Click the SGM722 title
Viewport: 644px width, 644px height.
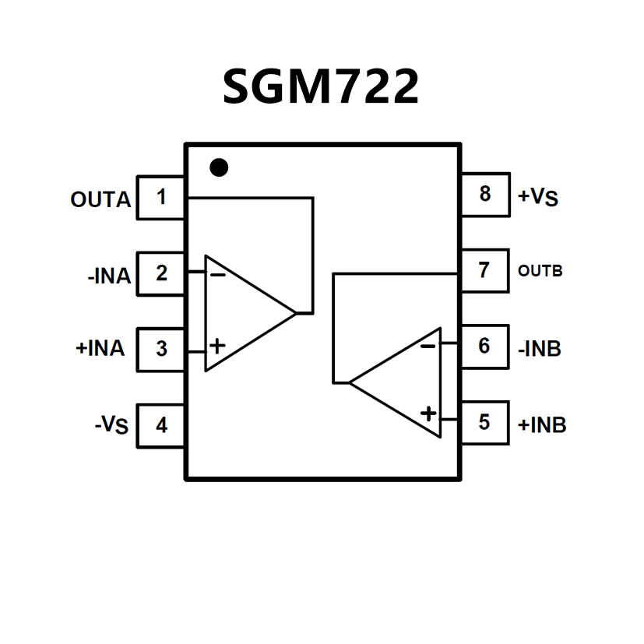(321, 86)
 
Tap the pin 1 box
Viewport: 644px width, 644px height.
(161, 197)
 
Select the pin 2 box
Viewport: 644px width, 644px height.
(161, 273)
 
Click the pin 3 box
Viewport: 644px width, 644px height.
(161, 348)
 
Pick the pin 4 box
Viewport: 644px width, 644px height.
(161, 425)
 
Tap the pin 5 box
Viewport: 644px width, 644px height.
(484, 422)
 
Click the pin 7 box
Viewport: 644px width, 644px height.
(484, 270)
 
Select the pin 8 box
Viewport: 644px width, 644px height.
(484, 194)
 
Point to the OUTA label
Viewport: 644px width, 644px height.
(100, 200)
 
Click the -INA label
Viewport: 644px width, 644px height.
(108, 276)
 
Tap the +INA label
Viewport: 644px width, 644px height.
(100, 349)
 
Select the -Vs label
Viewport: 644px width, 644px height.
(111, 426)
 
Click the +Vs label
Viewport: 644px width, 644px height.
(538, 196)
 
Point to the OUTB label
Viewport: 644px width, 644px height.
(540, 272)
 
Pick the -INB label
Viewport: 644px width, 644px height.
(540, 348)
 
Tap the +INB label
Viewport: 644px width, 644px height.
(542, 425)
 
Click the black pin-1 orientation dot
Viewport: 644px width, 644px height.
(220, 167)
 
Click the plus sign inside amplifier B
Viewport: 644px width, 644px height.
(428, 413)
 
